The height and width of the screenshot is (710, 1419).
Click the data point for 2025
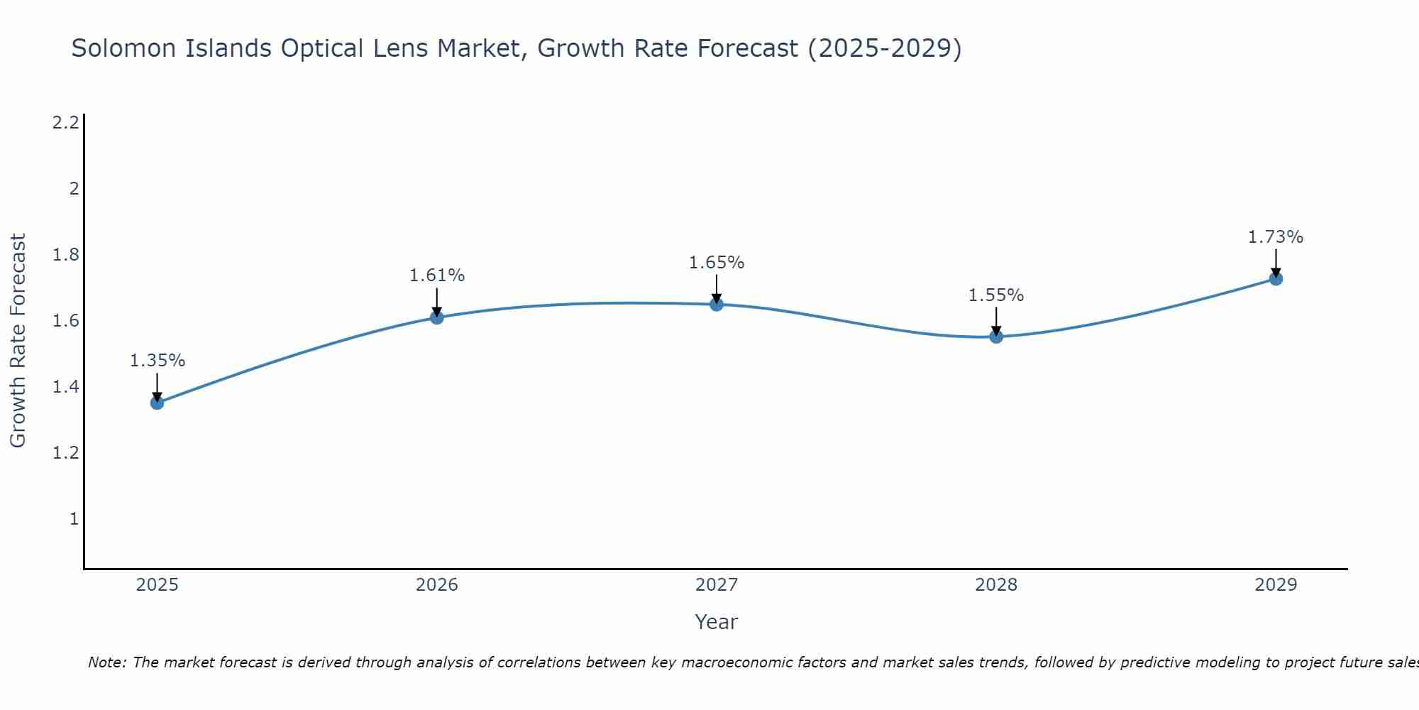(x=158, y=403)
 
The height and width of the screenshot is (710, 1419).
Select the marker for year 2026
(x=437, y=317)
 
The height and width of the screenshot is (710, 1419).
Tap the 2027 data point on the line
(x=717, y=305)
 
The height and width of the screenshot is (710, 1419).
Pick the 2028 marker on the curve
(x=996, y=337)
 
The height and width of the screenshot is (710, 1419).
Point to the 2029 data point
(x=1276, y=278)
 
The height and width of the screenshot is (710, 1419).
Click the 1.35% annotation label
(x=158, y=361)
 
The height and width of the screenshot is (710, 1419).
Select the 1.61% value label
(x=437, y=275)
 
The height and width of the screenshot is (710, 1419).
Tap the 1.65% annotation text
(x=717, y=263)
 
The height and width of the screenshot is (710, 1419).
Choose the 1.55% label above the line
(x=996, y=295)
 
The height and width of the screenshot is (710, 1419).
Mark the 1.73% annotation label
(x=1276, y=237)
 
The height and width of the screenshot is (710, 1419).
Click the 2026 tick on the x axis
(x=437, y=585)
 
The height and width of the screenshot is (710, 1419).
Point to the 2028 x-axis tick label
(x=996, y=585)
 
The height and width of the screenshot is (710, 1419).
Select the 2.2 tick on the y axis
(x=66, y=123)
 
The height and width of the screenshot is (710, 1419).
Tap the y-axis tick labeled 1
(x=74, y=519)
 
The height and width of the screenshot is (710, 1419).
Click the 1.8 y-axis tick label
(x=66, y=255)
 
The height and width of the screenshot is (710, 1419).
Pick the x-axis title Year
(x=717, y=622)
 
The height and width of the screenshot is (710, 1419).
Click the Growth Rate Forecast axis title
(x=18, y=341)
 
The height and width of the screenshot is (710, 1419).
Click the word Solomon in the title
(x=121, y=48)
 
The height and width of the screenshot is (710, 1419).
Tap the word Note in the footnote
(x=106, y=662)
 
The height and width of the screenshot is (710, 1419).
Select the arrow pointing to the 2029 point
(x=1276, y=263)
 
